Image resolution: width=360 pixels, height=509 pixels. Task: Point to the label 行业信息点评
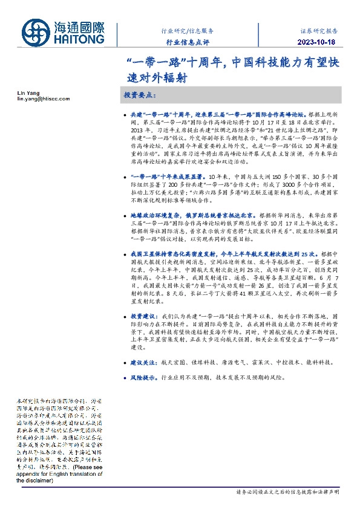point(188,42)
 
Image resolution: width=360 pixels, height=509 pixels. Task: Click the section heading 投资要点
point(140,96)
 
